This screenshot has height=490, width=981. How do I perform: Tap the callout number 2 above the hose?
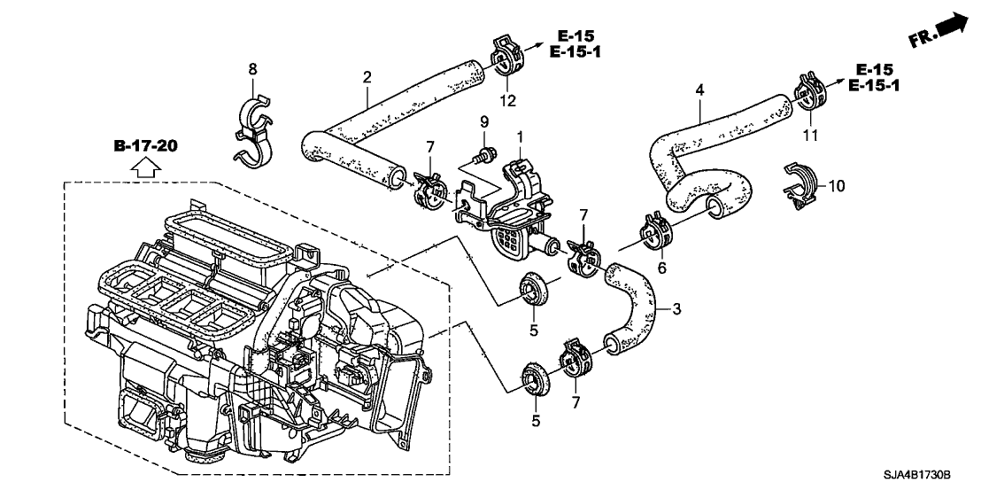tap(367, 79)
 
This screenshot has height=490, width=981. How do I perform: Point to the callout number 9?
tap(484, 121)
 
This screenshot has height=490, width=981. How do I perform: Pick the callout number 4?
tap(700, 90)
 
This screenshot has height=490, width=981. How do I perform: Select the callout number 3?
tap(676, 308)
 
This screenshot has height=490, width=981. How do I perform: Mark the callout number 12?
tap(507, 101)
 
